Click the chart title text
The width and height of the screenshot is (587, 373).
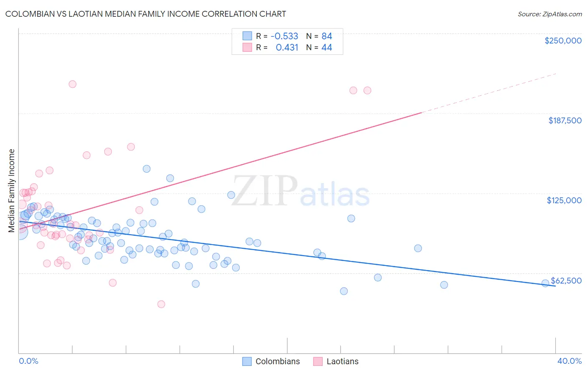tap(146, 14)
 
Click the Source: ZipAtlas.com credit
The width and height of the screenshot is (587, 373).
tap(549, 14)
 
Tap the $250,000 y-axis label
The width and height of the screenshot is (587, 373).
tap(563, 41)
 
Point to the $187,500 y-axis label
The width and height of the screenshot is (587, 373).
tap(564, 120)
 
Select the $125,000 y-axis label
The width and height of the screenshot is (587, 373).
tap(564, 200)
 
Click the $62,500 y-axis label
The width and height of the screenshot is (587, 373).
tap(566, 281)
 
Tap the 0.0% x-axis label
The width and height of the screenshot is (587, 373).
tap(28, 361)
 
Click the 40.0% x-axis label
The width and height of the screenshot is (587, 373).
tap(569, 361)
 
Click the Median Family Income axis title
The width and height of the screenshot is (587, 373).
tap(12, 190)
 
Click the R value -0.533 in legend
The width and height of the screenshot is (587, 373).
tap(284, 36)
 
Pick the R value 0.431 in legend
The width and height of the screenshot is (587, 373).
tap(287, 48)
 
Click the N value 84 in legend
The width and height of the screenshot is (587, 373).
tap(326, 36)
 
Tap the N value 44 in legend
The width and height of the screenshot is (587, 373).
tap(326, 48)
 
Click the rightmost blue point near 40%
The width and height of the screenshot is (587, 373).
tap(545, 283)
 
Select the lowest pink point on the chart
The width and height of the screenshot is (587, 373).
tap(161, 304)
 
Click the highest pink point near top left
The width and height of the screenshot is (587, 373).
tap(72, 84)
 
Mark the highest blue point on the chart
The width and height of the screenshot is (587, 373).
tap(147, 169)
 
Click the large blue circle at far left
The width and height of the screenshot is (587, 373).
tap(20, 232)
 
